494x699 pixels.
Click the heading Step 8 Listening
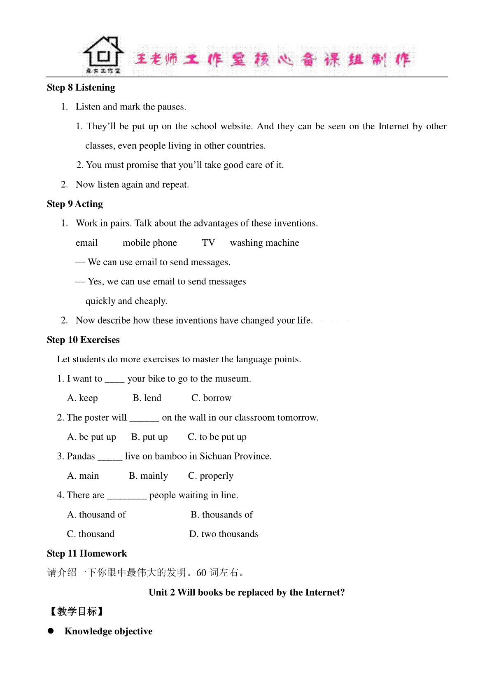[81, 88]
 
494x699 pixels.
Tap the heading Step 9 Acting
[75, 204]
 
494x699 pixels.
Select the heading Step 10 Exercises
[83, 340]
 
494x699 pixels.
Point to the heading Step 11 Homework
[87, 554]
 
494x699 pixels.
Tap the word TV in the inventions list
[208, 243]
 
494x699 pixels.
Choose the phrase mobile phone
[149, 243]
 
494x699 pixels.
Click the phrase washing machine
[264, 243]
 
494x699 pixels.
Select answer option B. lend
[147, 398]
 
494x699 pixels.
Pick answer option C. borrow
[211, 398]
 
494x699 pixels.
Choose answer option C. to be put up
[217, 437]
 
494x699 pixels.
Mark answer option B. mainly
[148, 476]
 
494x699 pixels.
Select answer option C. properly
[210, 476]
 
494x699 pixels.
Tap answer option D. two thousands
[224, 534]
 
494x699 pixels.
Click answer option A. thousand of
[96, 515]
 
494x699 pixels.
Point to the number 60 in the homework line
[201, 573]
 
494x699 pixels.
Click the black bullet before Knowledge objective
[51, 631]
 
